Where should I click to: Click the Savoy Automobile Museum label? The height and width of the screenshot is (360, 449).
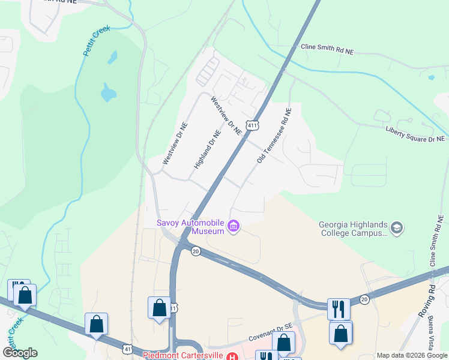(x=191, y=226)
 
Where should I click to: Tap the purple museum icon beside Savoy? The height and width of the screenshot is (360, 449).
(x=234, y=227)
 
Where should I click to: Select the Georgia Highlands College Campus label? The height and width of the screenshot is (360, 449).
(x=354, y=229)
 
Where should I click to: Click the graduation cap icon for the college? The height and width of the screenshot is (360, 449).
(x=396, y=228)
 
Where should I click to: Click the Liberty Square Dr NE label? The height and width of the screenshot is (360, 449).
(x=415, y=134)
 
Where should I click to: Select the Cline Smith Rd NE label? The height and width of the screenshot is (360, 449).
(x=327, y=49)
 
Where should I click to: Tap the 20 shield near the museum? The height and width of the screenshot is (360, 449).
(x=195, y=251)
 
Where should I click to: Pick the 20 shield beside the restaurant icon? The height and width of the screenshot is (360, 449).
(x=364, y=299)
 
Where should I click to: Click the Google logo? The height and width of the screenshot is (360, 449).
(x=20, y=353)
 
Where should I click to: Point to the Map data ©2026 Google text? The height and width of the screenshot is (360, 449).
(x=412, y=355)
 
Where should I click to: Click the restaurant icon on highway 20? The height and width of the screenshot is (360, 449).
(x=339, y=309)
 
